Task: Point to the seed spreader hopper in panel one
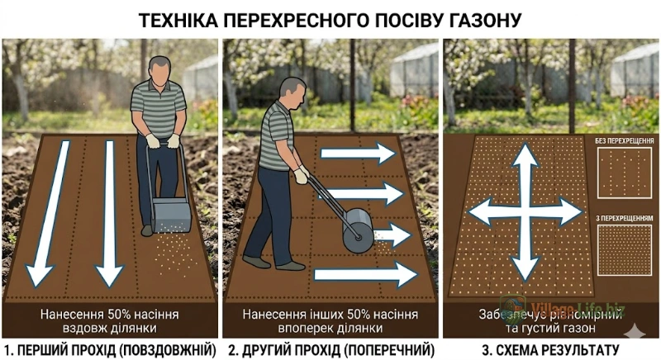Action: pyautogui.click(x=172, y=213)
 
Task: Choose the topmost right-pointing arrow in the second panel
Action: pyautogui.click(x=358, y=154)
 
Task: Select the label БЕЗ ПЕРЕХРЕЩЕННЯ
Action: pyautogui.click(x=624, y=141)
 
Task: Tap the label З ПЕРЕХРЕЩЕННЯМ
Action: pyautogui.click(x=624, y=217)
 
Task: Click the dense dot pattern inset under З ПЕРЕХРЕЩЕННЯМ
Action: pyautogui.click(x=624, y=251)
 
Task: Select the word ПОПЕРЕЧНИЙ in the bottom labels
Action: pyautogui.click(x=390, y=350)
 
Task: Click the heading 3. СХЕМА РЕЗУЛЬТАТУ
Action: pyautogui.click(x=550, y=350)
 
